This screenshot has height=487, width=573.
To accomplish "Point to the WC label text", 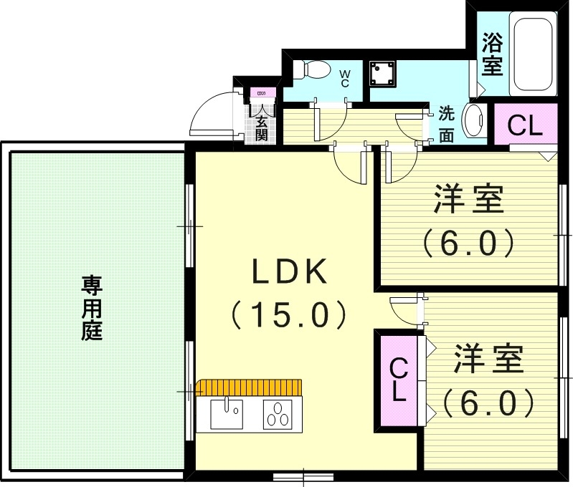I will pyautogui.click(x=344, y=77).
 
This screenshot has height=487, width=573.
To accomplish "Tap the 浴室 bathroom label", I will pyautogui.click(x=491, y=53).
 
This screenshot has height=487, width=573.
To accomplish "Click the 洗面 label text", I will pyautogui.click(x=446, y=124).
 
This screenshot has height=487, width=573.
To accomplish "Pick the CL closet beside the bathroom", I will pyautogui.click(x=524, y=125).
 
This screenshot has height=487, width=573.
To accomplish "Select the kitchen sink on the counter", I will pyautogui.click(x=226, y=413).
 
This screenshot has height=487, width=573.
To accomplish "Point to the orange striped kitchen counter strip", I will pyautogui.click(x=250, y=387).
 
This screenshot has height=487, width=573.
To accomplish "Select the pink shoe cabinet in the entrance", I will pyautogui.click(x=260, y=93).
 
